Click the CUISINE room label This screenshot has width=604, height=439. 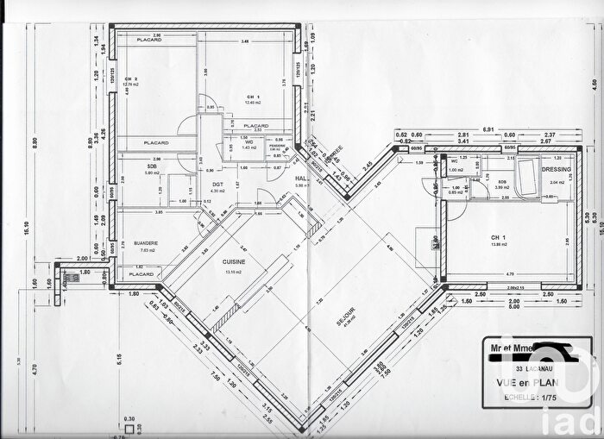pyautogui.click(x=234, y=262)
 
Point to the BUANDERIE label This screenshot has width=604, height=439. pyautogui.click(x=144, y=243)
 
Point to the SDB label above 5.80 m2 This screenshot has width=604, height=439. pyautogui.click(x=153, y=166)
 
